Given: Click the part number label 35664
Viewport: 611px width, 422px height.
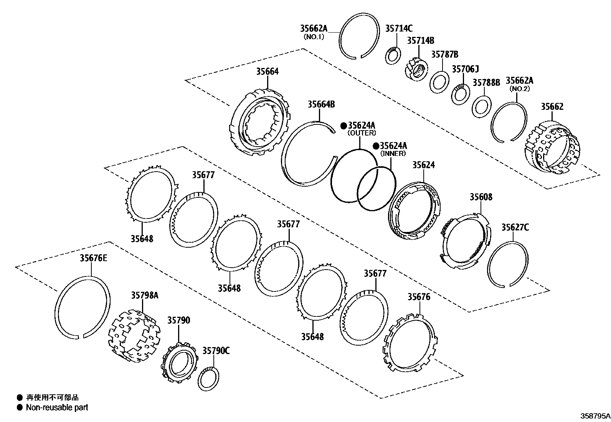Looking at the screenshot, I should pyautogui.click(x=268, y=71).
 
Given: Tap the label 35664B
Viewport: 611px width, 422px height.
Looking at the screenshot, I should pyautogui.click(x=321, y=104).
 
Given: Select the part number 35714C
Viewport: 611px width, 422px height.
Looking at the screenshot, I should pyautogui.click(x=399, y=28).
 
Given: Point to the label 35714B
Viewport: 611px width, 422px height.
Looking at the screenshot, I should pyautogui.click(x=421, y=41).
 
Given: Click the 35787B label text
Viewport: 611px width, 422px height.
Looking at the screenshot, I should pyautogui.click(x=444, y=55).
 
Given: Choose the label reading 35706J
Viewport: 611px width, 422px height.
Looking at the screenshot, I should pyautogui.click(x=465, y=69).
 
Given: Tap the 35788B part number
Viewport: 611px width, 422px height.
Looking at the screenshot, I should pyautogui.click(x=486, y=83).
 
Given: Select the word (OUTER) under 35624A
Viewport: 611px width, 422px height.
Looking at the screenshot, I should pyautogui.click(x=362, y=133).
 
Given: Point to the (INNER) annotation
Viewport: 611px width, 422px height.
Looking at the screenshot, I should pyautogui.click(x=393, y=154).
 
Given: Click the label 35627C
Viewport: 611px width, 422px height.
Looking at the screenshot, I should pyautogui.click(x=515, y=227).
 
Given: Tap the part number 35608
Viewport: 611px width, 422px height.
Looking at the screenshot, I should pyautogui.click(x=481, y=197).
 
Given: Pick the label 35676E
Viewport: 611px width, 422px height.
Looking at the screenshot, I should pyautogui.click(x=93, y=258).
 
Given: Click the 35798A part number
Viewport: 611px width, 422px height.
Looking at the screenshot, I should pyautogui.click(x=145, y=295).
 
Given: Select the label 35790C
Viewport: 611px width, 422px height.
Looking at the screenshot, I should pyautogui.click(x=216, y=351).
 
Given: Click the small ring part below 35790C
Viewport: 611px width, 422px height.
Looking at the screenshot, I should pyautogui.click(x=208, y=379).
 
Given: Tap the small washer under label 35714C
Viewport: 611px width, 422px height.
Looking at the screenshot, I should pyautogui.click(x=393, y=56).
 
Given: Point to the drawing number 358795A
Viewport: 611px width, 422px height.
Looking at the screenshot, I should pyautogui.click(x=594, y=416).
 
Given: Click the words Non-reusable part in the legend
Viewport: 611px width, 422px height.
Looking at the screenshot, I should pyautogui.click(x=57, y=407).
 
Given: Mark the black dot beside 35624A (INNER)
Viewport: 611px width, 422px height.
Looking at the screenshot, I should pyautogui.click(x=376, y=146).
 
